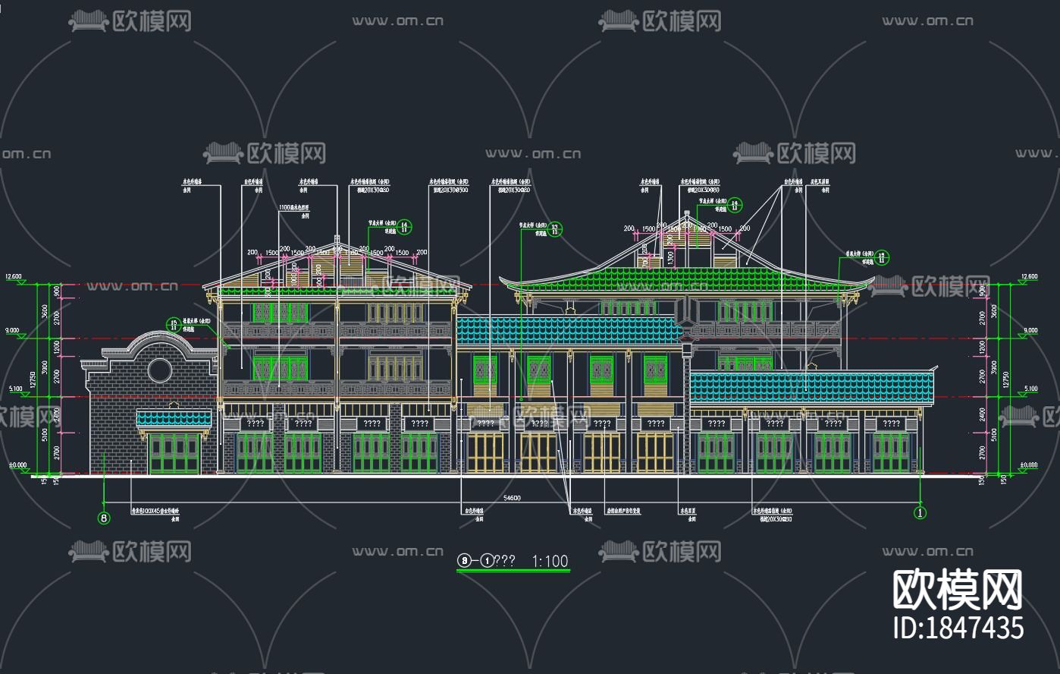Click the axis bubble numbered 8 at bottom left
[104, 518]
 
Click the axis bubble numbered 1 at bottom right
[920, 513]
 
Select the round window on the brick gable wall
[159, 370]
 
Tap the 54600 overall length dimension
[512, 498]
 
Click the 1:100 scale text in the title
[550, 561]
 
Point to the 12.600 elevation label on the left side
[14, 277]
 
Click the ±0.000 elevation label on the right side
[1029, 465]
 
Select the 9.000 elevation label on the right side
[1030, 330]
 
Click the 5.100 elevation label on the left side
[15, 389]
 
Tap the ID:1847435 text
[959, 628]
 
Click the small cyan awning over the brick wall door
[174, 418]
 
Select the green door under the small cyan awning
[174, 453]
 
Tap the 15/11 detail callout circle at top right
[883, 258]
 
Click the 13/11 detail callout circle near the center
[555, 229]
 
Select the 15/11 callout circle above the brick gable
[173, 325]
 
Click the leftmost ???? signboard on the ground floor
[255, 424]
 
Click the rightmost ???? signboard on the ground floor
[891, 424]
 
